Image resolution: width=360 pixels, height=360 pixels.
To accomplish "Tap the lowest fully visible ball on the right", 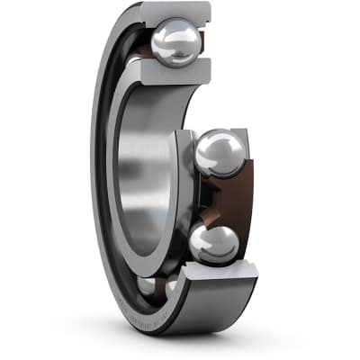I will pyautogui.click(x=214, y=243).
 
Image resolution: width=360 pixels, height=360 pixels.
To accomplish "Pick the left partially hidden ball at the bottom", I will pyautogui.click(x=147, y=286).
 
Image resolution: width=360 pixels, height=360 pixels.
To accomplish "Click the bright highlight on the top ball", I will pyautogui.click(x=167, y=36).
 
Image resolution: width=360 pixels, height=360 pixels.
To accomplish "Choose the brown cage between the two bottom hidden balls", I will pyautogui.click(x=159, y=286).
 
